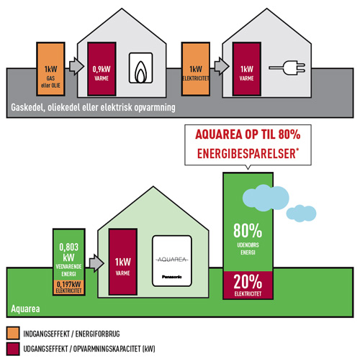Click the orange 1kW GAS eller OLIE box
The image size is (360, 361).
[50, 69]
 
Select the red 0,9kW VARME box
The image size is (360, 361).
[102, 69]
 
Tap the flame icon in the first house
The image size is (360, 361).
[141, 71]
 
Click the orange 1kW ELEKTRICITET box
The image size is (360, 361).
[196, 69]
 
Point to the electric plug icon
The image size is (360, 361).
[287, 68]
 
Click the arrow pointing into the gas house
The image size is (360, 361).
[76, 66]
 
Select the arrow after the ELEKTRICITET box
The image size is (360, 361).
[222, 65]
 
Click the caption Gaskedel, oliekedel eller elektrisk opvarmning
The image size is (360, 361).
[93, 107]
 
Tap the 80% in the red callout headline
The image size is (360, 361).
[289, 134]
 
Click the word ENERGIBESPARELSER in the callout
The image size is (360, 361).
[246, 154]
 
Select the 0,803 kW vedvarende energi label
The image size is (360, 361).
[69, 260]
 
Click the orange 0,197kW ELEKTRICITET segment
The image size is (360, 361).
[69, 287]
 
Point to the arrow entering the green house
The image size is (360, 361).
[96, 263]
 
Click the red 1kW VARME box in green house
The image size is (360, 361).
[123, 262]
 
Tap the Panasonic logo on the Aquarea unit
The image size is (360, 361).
[172, 277]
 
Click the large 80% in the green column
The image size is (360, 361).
[248, 231]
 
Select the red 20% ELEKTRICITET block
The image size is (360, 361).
[248, 285]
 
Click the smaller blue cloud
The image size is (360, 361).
[301, 213]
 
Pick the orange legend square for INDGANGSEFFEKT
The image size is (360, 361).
[13, 333]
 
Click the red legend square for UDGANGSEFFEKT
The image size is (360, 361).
[13, 349]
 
